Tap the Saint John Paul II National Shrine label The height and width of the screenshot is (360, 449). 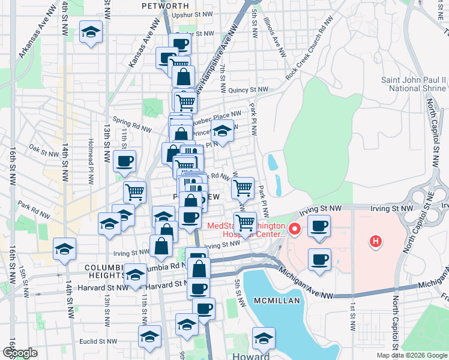click(x=414, y=84)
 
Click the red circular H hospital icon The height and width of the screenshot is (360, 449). click(x=376, y=241)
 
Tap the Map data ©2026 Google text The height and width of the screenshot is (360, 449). click(x=411, y=355)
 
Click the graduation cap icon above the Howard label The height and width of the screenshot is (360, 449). click(x=264, y=339)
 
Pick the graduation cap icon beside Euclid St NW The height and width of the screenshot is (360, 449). click(x=149, y=337)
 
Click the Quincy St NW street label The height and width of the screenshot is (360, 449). click(x=247, y=90)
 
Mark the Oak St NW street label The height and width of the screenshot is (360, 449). click(x=42, y=149)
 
